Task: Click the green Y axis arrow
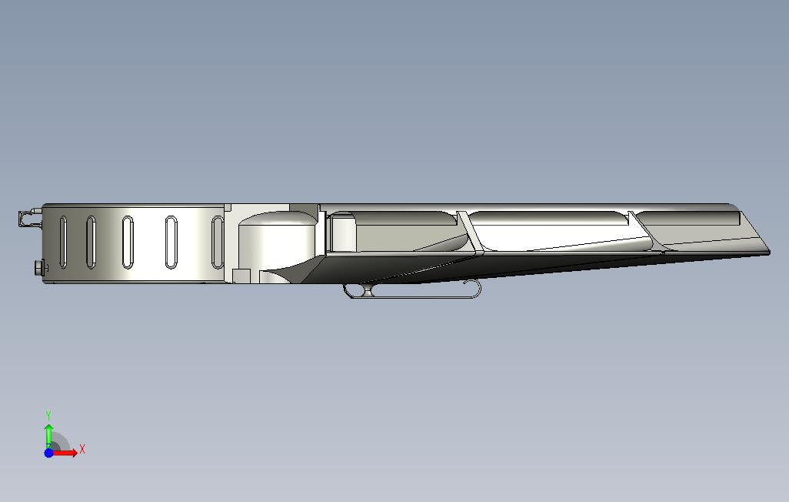[48, 436]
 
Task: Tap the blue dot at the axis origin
[48, 453]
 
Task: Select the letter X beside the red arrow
[82, 449]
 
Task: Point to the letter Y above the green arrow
[48, 416]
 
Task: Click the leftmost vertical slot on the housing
[63, 242]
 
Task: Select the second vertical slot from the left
[91, 242]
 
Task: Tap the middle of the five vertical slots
[128, 242]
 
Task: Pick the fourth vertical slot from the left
[171, 242]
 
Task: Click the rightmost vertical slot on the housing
[218, 242]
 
